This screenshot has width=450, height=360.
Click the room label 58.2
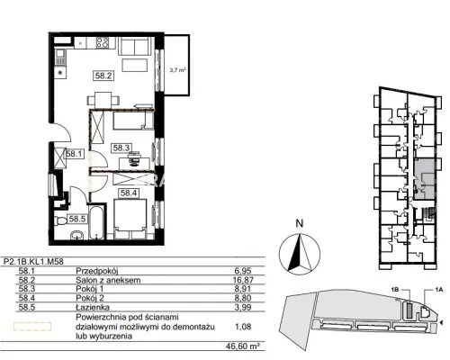click(x=103, y=76)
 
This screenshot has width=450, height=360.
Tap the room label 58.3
click(x=121, y=148)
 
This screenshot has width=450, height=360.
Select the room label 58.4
click(x=129, y=193)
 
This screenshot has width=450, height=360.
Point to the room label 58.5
click(x=77, y=219)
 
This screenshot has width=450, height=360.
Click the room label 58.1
click(x=75, y=154)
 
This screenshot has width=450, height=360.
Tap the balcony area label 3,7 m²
click(x=177, y=71)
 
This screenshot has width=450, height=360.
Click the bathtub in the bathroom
click(x=97, y=222)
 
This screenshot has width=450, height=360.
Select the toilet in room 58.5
click(x=61, y=220)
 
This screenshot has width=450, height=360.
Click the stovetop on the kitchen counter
click(x=103, y=42)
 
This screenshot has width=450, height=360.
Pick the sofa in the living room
click(x=134, y=46)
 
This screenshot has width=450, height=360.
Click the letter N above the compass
click(x=300, y=223)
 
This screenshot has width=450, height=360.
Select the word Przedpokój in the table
click(x=97, y=271)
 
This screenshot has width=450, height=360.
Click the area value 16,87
click(x=244, y=280)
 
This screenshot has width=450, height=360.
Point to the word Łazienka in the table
click(x=93, y=307)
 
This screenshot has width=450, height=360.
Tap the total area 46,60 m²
click(x=243, y=346)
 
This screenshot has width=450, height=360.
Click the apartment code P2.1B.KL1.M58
click(x=33, y=262)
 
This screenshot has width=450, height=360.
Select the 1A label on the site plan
click(x=438, y=290)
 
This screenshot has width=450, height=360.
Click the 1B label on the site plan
click(x=395, y=290)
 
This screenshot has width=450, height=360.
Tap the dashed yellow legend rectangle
click(x=32, y=327)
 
